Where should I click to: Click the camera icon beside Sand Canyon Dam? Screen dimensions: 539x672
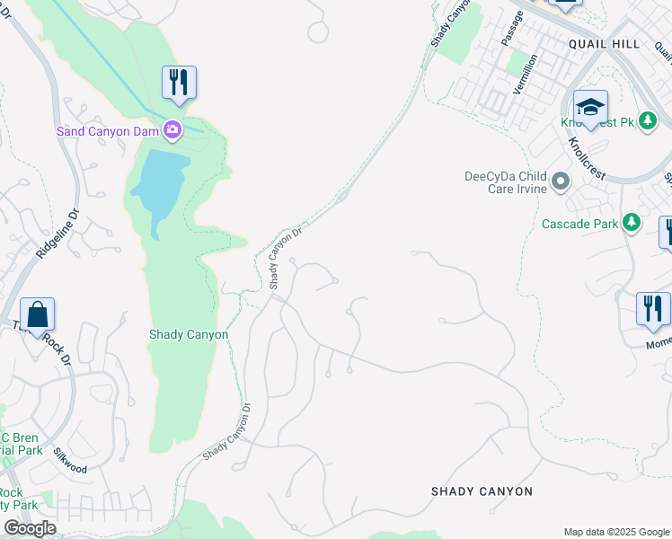(x=172, y=131)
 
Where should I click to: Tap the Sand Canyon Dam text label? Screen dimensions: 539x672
(x=109, y=131)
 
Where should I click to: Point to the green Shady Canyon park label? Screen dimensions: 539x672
(x=188, y=335)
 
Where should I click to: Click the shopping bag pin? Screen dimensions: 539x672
(x=37, y=315)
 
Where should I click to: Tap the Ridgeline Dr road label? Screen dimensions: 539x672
(x=57, y=236)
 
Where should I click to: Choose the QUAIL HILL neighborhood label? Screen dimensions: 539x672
(x=605, y=44)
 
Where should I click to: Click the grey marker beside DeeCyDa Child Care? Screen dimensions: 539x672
(x=561, y=182)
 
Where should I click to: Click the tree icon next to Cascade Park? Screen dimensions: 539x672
(x=632, y=222)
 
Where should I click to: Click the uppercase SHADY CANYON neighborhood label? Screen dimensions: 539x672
(x=482, y=491)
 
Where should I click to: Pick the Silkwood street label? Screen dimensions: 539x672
(x=70, y=462)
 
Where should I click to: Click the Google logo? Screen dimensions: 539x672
(x=30, y=528)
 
